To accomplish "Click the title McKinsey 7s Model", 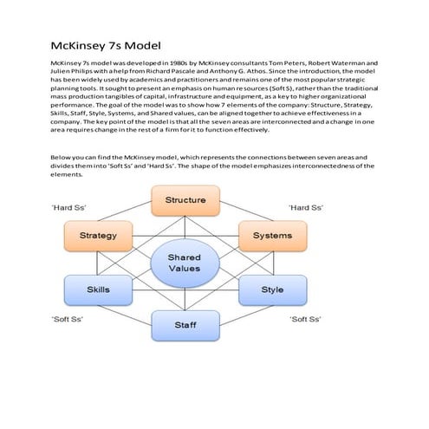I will (106, 45).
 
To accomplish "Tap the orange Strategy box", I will (98, 235).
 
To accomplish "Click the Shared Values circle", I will (184, 263).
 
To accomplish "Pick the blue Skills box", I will (98, 289).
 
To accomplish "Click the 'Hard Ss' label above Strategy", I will (68, 209).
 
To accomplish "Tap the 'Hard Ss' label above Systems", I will (304, 208).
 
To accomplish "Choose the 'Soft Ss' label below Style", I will (305, 320).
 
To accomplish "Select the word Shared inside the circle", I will (184, 257).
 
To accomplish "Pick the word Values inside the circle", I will (184, 269).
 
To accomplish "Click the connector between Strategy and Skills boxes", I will (98, 262).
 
